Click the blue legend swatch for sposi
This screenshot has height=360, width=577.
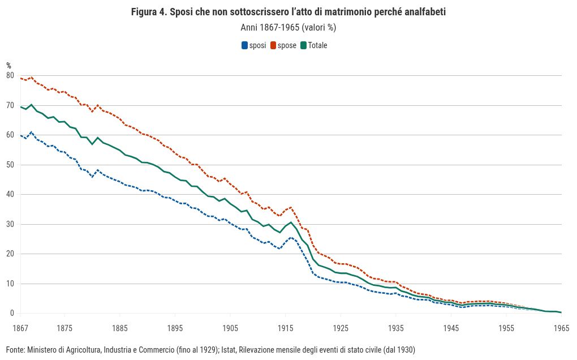click(x=245, y=46)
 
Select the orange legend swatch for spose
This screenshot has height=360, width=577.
click(x=273, y=46)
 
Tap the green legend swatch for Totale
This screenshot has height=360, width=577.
click(x=303, y=46)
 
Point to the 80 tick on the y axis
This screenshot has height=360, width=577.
click(x=10, y=75)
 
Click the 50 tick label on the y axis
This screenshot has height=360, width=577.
click(x=10, y=165)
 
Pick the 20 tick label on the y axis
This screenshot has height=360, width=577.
click(x=10, y=254)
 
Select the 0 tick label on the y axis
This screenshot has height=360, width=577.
click(x=12, y=313)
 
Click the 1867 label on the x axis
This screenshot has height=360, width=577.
click(x=20, y=328)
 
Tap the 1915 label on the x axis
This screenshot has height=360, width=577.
click(x=285, y=328)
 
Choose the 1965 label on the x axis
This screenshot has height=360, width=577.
click(x=561, y=328)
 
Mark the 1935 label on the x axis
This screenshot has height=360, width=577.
click(x=396, y=328)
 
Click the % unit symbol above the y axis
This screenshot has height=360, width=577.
click(x=9, y=66)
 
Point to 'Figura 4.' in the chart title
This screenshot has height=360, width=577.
click(x=148, y=12)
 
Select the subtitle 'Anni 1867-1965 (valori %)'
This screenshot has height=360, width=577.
click(x=288, y=27)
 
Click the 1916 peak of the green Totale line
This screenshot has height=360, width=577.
click(x=291, y=222)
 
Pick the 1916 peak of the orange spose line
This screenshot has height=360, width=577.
click(x=291, y=207)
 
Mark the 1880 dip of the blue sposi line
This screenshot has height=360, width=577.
click(x=92, y=177)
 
